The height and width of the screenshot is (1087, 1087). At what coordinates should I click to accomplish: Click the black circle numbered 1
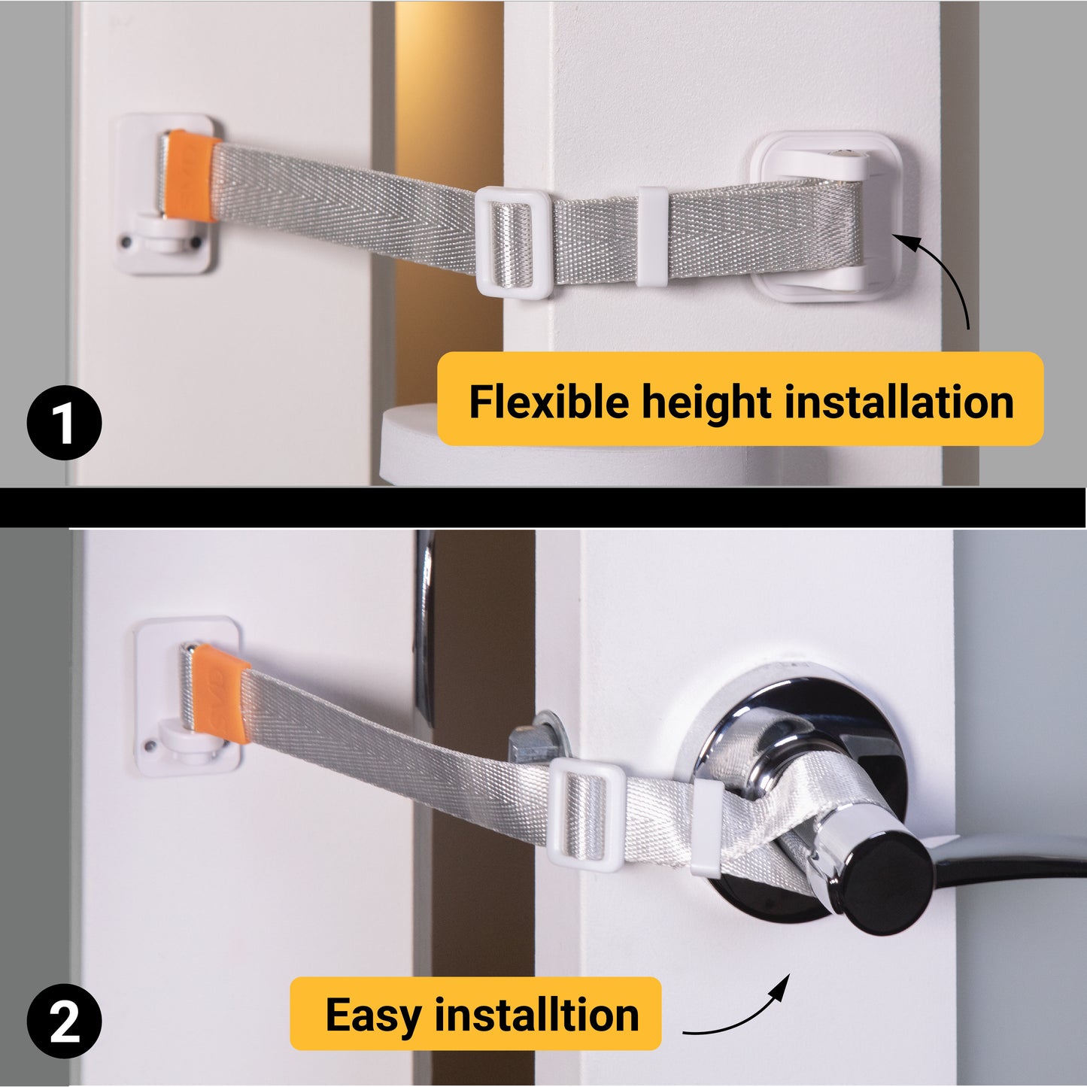(x=64, y=423)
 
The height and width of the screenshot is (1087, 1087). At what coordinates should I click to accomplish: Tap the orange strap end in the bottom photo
(x=220, y=695)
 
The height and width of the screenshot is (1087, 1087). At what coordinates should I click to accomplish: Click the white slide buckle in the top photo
(x=513, y=242)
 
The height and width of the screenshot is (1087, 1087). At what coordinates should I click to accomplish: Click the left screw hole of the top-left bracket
(x=126, y=243)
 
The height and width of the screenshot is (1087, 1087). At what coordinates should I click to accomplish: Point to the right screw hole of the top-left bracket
(x=196, y=244)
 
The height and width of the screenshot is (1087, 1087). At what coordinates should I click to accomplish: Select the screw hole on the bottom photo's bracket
(x=150, y=745)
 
